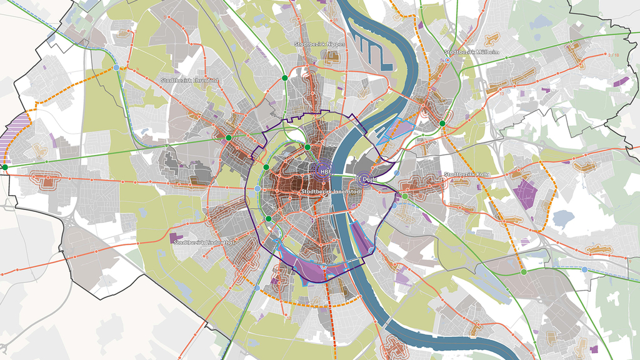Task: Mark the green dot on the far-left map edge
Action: click(x=5, y=167)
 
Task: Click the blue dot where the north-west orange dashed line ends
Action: click(x=117, y=67)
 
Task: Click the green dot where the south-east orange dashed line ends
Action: click(x=523, y=272)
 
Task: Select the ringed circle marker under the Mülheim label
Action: click(x=448, y=61)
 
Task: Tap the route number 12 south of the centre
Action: click(x=289, y=317)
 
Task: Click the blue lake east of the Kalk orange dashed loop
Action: click(x=563, y=219)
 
